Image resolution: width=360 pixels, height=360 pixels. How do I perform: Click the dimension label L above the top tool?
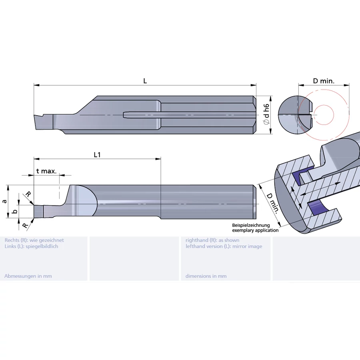click(x=145, y=81)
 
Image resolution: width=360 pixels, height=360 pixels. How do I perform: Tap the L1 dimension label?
click(x=97, y=155)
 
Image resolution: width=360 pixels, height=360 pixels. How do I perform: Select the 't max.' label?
click(x=46, y=171)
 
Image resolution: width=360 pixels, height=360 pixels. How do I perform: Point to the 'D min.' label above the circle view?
click(x=323, y=81)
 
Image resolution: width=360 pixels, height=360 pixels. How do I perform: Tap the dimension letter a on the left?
click(x=4, y=202)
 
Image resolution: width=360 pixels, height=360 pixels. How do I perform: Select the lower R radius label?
click(x=25, y=226)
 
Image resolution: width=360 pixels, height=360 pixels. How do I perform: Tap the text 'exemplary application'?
click(x=255, y=230)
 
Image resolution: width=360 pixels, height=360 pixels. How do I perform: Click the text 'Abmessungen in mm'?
click(x=28, y=276)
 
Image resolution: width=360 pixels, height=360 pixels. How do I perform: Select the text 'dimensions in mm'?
click(x=206, y=276)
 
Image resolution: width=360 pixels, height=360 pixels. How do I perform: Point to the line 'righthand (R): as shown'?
click(x=212, y=240)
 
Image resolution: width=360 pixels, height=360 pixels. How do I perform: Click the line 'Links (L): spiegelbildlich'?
click(x=31, y=246)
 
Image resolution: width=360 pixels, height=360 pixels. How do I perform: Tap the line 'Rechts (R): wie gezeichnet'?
click(x=34, y=240)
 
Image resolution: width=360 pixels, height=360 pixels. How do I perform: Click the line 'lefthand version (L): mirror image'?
click(x=224, y=246)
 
